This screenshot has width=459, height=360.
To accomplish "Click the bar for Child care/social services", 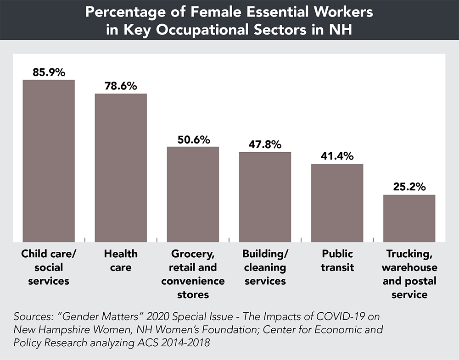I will pyautogui.click(x=49, y=161).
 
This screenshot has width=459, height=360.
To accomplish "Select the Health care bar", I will pyautogui.click(x=121, y=167).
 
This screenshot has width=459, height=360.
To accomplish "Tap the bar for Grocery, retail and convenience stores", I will pyautogui.click(x=193, y=194).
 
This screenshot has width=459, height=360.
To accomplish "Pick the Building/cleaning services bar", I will pyautogui.click(x=265, y=197).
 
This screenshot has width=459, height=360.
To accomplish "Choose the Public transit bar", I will pyautogui.click(x=337, y=203).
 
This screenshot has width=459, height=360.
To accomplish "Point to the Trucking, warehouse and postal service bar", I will pyautogui.click(x=409, y=218).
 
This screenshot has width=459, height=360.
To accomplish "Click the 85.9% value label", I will pyautogui.click(x=49, y=72).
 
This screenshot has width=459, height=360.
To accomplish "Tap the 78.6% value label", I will pyautogui.click(x=121, y=86).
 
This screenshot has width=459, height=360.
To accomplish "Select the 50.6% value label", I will pyautogui.click(x=193, y=139).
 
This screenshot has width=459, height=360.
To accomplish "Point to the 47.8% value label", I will pyautogui.click(x=265, y=144).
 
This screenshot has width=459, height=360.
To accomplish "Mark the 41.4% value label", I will pyautogui.click(x=337, y=156).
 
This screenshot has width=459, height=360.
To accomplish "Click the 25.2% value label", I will pyautogui.click(x=409, y=187).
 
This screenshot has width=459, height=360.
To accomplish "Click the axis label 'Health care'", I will pyautogui.click(x=121, y=260).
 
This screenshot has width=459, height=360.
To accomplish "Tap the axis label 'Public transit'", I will pyautogui.click(x=337, y=260).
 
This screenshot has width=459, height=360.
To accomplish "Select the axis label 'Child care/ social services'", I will pyautogui.click(x=49, y=267).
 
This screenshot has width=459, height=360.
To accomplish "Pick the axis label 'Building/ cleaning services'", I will pyautogui.click(x=265, y=267).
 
